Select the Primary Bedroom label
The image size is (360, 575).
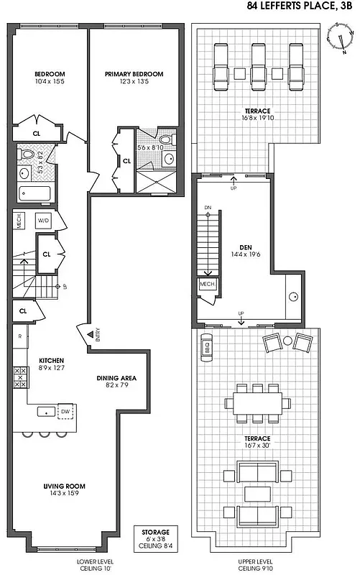(x=134, y=78)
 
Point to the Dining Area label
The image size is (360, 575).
(x=117, y=382)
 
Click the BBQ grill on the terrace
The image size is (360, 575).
(x=206, y=346)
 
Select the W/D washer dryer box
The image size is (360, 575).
(x=43, y=221)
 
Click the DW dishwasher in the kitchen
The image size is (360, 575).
(x=65, y=410)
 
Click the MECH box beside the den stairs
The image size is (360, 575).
(x=208, y=285)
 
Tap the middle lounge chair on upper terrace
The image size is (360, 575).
(x=258, y=63)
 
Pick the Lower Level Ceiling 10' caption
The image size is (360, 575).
(x=98, y=563)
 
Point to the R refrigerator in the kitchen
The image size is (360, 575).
(x=19, y=336)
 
